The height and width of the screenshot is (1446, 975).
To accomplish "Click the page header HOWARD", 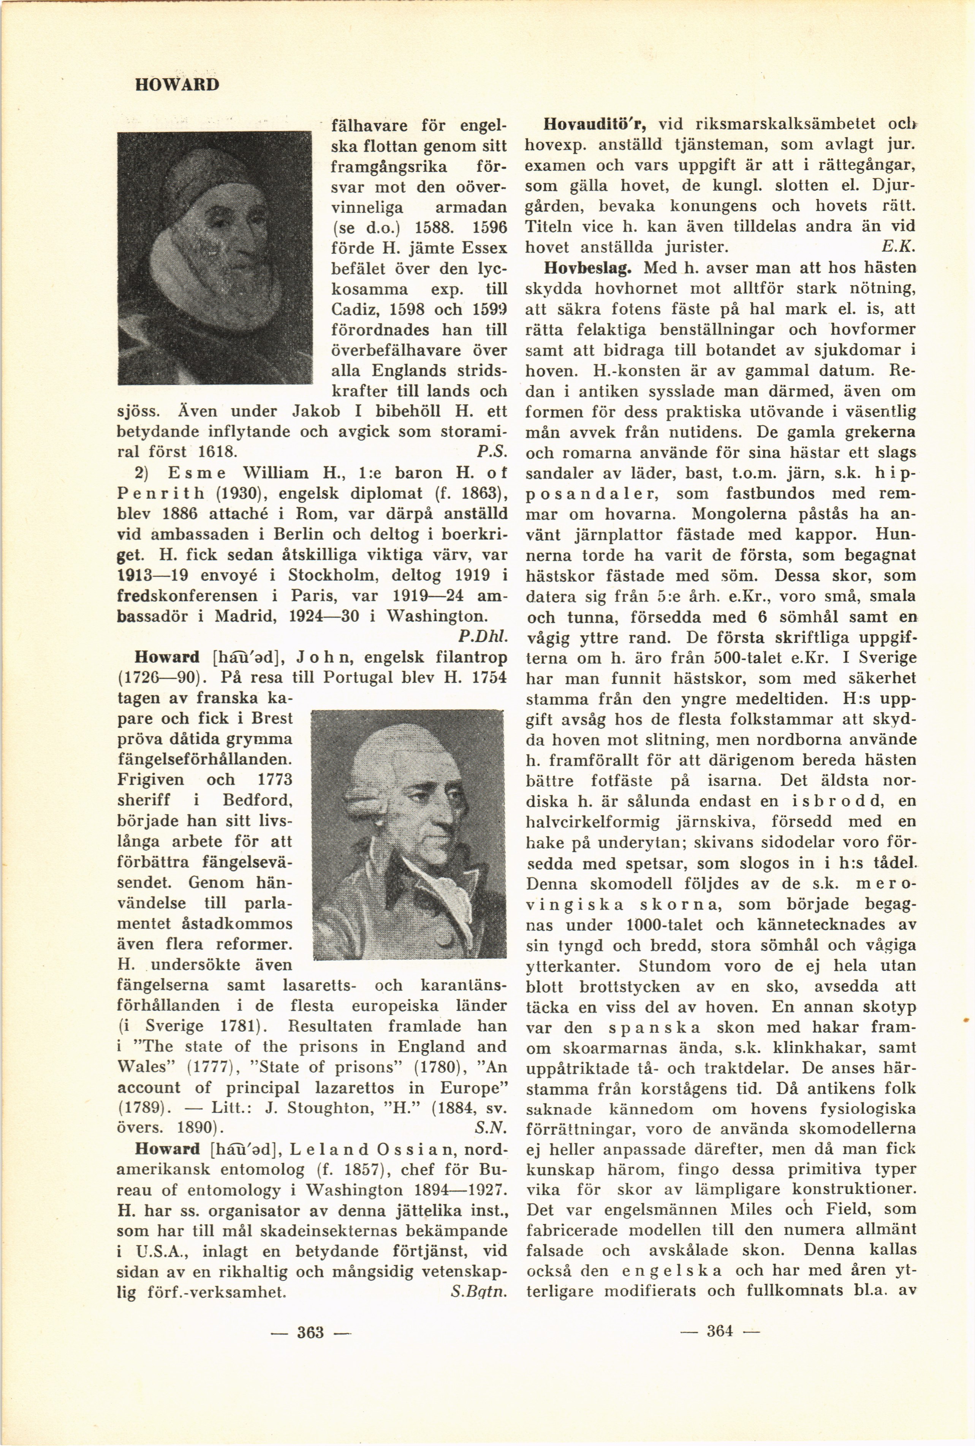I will [177, 84].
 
